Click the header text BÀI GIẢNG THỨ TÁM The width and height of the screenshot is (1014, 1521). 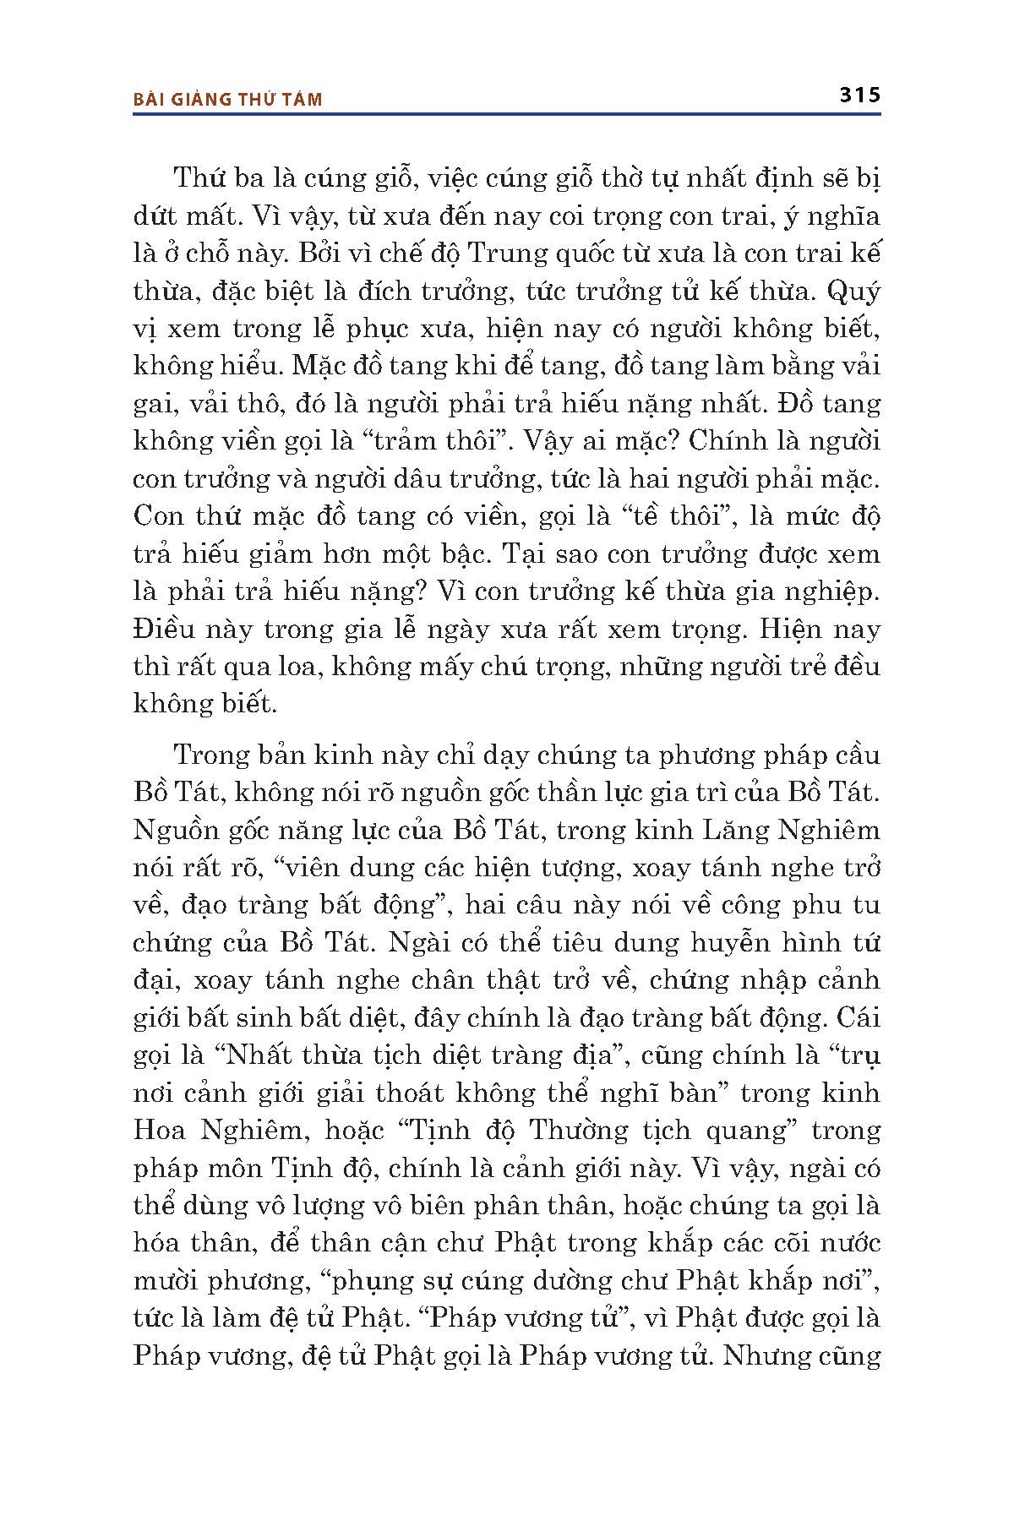tap(228, 100)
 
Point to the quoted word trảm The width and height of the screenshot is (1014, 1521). tap(390, 440)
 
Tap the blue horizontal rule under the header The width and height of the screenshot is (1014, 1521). tap(507, 114)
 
